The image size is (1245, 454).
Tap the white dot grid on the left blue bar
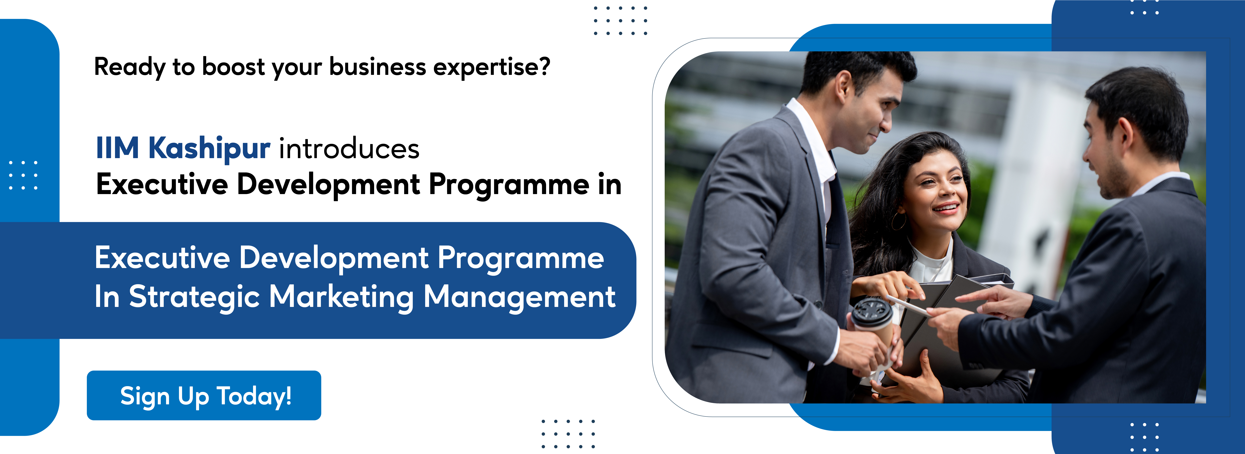23,175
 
